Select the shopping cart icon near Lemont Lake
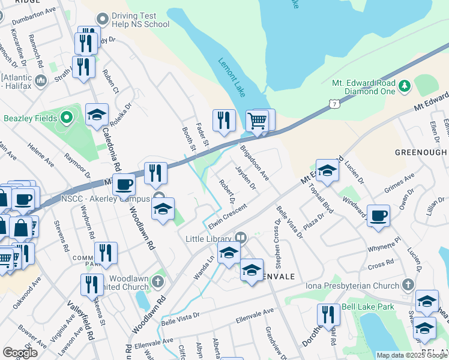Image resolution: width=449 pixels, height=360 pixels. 258,120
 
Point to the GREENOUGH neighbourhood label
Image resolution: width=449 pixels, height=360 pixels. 421,152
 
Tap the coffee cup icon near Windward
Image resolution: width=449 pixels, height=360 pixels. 378,216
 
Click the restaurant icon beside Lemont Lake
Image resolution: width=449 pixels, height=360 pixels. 224,120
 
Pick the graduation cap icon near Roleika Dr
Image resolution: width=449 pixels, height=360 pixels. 97,115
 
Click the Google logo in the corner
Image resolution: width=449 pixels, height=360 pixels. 20,353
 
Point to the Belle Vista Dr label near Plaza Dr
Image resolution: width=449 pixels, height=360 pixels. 290,221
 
